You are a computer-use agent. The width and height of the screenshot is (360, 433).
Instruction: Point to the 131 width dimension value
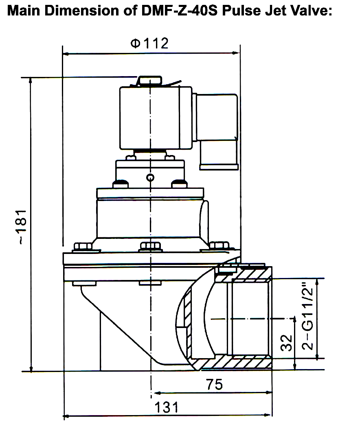tap(167, 407)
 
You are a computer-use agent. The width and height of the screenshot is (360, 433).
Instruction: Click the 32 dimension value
tap(287, 343)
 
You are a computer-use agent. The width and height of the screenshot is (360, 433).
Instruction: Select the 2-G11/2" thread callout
tap(309, 318)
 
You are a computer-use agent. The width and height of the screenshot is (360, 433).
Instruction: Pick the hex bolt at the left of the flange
tap(83, 247)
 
